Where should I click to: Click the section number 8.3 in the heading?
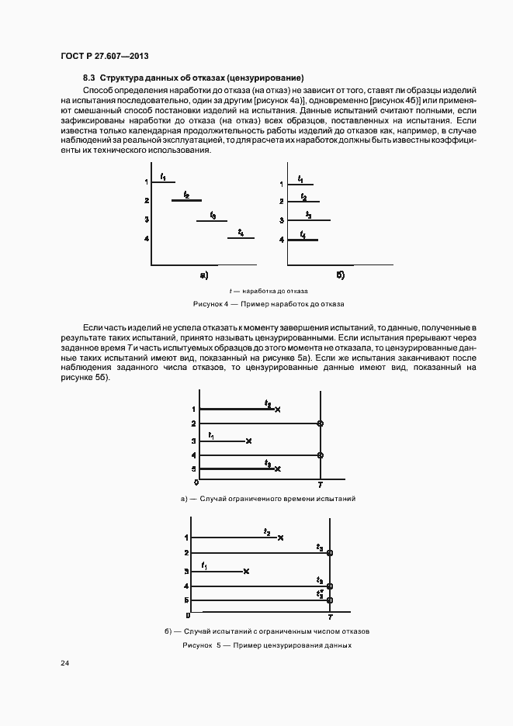[x=89, y=78]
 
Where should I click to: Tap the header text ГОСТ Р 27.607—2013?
[x=104, y=56]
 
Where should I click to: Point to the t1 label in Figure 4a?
[x=163, y=178]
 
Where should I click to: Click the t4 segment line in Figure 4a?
[x=241, y=238]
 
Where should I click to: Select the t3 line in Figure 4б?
[x=309, y=220]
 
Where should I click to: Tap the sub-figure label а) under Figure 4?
[x=204, y=275]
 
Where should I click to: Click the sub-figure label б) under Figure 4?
[x=340, y=275]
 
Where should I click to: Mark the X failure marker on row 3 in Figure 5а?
[x=248, y=441]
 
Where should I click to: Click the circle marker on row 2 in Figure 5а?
[x=320, y=423]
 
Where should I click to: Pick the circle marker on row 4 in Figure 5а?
[x=320, y=455]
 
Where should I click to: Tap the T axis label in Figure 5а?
[x=320, y=484]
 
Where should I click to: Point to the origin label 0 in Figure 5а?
[x=196, y=482]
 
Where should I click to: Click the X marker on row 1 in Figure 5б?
[x=280, y=538]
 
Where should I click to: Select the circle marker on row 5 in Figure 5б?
[x=330, y=600]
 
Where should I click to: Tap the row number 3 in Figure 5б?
[x=186, y=572]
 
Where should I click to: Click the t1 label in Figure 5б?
[x=204, y=565]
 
